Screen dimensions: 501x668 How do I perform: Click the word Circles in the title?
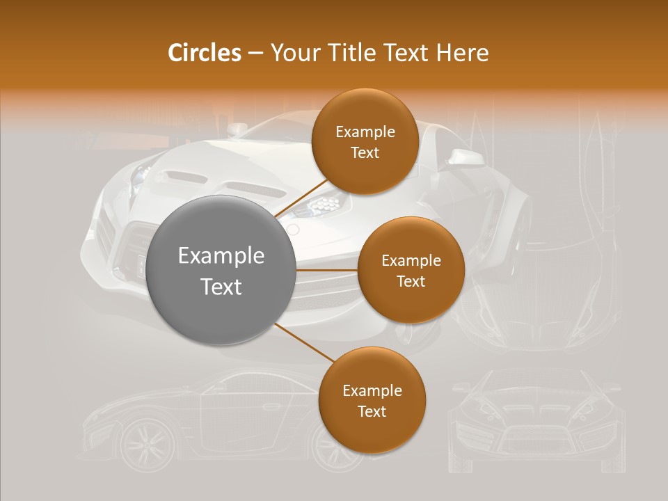[204, 53]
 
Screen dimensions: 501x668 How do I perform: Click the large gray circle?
[221, 271]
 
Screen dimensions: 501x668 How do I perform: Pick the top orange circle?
[365, 141]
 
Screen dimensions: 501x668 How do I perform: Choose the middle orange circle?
[411, 270]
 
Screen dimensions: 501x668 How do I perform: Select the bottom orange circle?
[372, 400]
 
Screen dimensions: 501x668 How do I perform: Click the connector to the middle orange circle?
[327, 269]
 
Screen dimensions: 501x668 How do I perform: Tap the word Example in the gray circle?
[221, 256]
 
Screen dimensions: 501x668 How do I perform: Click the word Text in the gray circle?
[221, 287]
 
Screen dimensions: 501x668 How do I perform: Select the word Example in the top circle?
[365, 132]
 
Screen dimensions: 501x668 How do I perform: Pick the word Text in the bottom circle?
[372, 411]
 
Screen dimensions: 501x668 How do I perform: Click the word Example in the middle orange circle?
[411, 261]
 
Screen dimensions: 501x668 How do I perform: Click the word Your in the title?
[294, 53]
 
